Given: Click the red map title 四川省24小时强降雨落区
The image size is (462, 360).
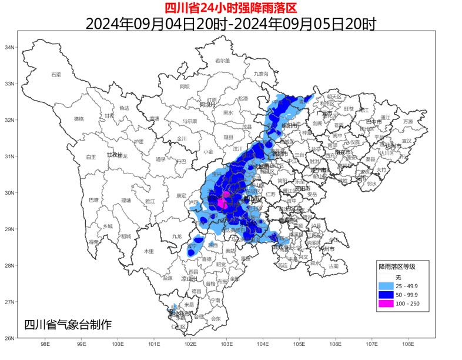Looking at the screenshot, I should [x=230, y=8].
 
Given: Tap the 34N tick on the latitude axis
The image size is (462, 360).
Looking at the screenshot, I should [x=9, y=47].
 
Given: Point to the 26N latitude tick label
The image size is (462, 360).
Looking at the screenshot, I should [x=9, y=338].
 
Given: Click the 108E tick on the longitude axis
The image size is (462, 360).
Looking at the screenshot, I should [x=408, y=344].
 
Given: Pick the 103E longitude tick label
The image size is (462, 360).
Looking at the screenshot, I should [x=226, y=344].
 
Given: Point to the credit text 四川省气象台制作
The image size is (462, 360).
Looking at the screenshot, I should [x=68, y=324].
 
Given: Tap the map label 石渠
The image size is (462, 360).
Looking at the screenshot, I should [x=56, y=75].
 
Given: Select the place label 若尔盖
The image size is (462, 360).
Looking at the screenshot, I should [x=222, y=61].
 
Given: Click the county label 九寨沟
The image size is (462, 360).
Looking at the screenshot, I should [x=260, y=74].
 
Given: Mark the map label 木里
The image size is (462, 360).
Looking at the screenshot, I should [x=149, y=251].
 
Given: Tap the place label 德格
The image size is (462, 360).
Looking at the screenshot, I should [x=79, y=119].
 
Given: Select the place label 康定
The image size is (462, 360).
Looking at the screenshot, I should [x=180, y=195].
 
